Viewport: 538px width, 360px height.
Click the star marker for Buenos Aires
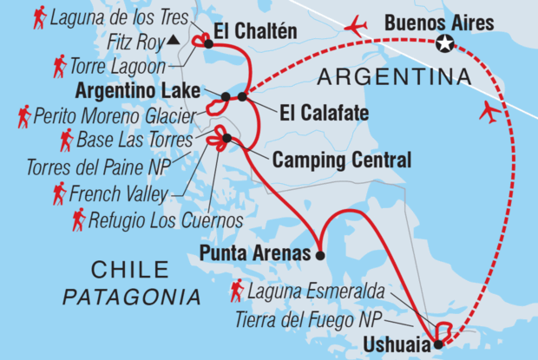point(445,44)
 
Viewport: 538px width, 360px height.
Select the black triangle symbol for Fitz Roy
point(174,39)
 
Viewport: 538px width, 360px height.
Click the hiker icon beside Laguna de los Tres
point(39,16)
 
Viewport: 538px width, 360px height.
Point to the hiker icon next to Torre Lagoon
point(59,63)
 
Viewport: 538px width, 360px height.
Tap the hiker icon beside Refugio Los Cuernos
point(79,219)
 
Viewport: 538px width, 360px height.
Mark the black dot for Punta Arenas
point(320,256)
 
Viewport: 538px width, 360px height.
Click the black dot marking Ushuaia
point(437,344)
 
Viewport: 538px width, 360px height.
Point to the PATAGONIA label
point(131,297)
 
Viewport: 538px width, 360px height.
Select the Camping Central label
point(329,160)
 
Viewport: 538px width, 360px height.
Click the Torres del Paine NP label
point(102,165)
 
